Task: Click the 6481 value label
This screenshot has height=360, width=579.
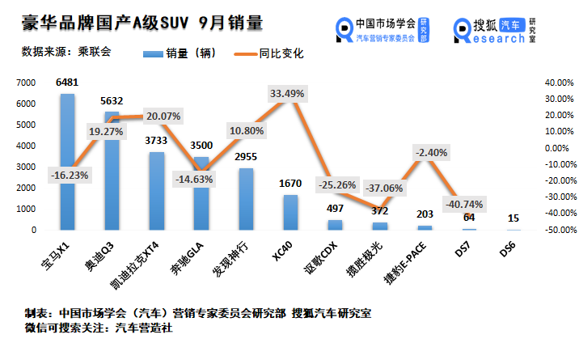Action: coord(68,83)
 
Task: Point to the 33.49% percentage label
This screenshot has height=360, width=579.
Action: coord(287,94)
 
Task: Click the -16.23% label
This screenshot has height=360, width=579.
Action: coord(70,174)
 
